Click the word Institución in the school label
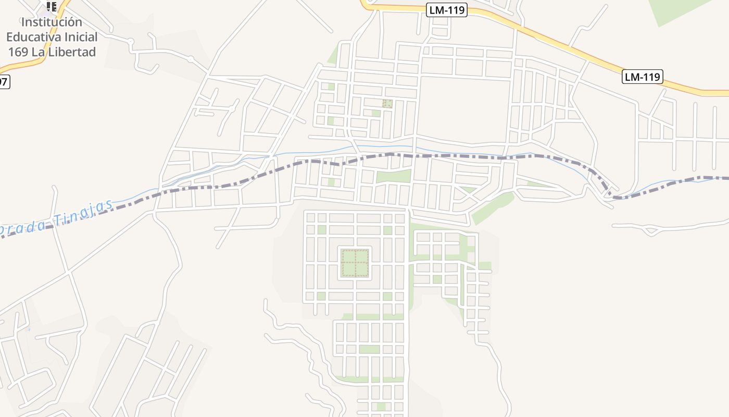(52, 22)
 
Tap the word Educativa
(36, 37)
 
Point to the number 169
(18, 52)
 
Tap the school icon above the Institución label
(52, 7)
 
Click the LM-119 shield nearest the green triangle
(643, 77)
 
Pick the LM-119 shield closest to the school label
(447, 9)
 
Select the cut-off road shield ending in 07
(4, 82)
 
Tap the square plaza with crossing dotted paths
(355, 263)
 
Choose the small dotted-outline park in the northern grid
(387, 104)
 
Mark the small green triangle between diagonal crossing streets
(468, 189)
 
